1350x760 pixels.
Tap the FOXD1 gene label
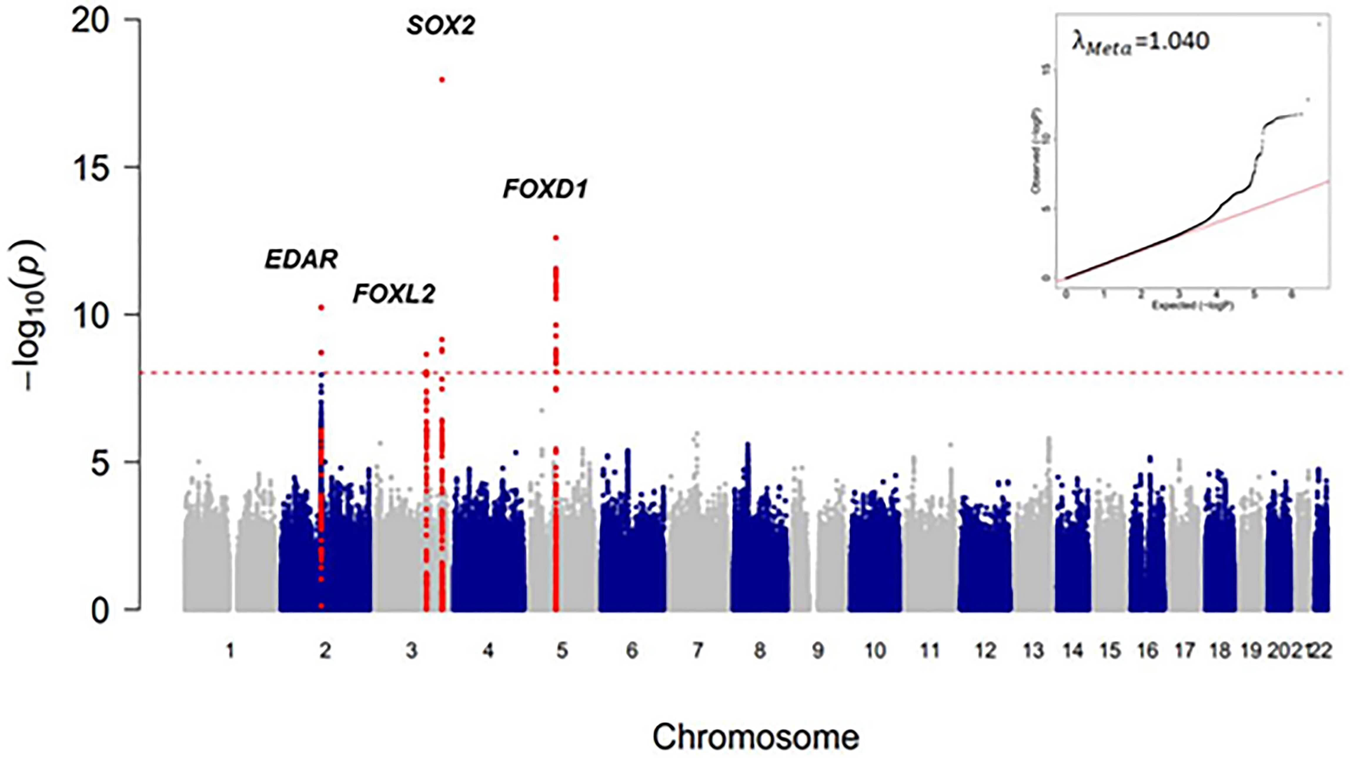click(545, 189)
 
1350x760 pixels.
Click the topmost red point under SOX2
click(442, 80)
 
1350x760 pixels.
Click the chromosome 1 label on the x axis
click(230, 651)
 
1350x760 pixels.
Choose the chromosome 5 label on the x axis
click(562, 651)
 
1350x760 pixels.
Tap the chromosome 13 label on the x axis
click(1033, 651)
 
